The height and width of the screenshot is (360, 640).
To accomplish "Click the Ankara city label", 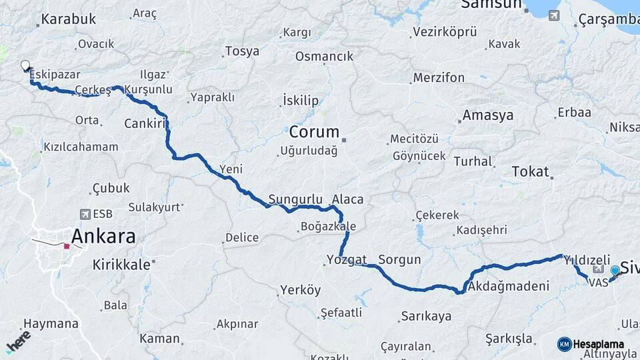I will coord(103,236).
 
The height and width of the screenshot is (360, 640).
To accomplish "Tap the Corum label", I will coord(314,131).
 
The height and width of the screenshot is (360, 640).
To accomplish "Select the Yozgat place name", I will coord(347,259).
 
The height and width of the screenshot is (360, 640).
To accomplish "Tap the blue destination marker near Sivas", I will coord(615,271).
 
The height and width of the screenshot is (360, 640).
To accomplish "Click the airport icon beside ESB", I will coord(85,214).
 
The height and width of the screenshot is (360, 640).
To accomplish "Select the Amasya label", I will coord(488,115).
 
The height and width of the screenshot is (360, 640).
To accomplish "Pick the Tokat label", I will coord(530,171).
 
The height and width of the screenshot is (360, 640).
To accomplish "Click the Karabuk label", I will coord(69,19).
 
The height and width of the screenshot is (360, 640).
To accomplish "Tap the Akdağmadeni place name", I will coord(508,287).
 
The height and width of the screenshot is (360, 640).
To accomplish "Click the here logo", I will coord(18,341).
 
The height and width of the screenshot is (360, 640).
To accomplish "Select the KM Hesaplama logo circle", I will coord(565,344).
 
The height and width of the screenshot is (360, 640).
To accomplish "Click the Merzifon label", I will coord(439,77).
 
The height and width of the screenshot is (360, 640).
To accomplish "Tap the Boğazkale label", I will coord(329,227).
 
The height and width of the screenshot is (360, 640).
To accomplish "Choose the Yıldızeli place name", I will coord(587,259).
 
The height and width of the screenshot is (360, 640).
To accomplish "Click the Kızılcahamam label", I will coord(81,147).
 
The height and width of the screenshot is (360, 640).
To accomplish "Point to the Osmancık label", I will coord(324,56).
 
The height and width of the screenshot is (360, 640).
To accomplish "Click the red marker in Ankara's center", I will coord(67,246).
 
